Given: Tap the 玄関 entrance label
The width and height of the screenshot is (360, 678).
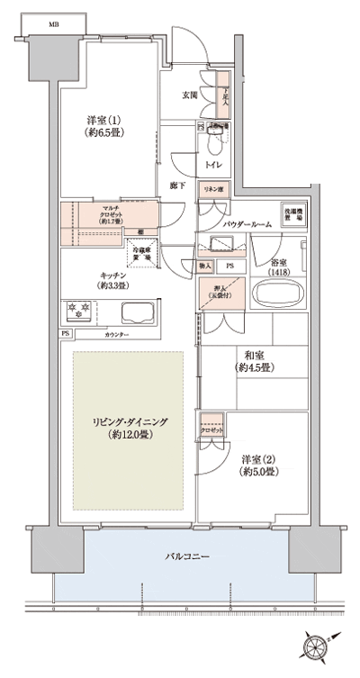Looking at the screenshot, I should click(x=191, y=94).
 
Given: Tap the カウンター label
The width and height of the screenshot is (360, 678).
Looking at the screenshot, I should click(x=117, y=335).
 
